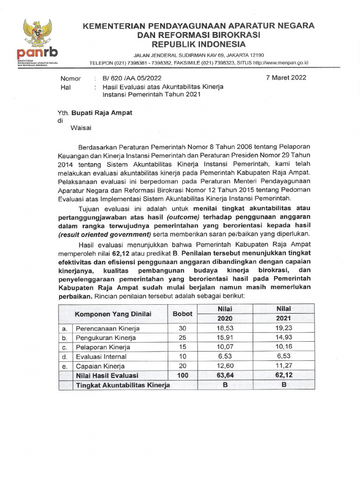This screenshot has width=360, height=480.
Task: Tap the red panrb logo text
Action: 37,53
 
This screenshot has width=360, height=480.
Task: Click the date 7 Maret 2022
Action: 286,78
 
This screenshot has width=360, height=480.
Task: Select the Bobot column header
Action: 182,313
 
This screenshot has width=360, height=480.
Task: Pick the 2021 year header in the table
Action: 284,318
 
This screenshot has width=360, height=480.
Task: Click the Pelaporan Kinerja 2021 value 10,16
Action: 284,347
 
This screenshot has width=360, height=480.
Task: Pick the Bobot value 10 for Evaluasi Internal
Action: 182,357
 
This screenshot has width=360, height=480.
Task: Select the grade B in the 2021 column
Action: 284,385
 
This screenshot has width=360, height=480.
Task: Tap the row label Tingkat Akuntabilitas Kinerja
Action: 123,385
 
